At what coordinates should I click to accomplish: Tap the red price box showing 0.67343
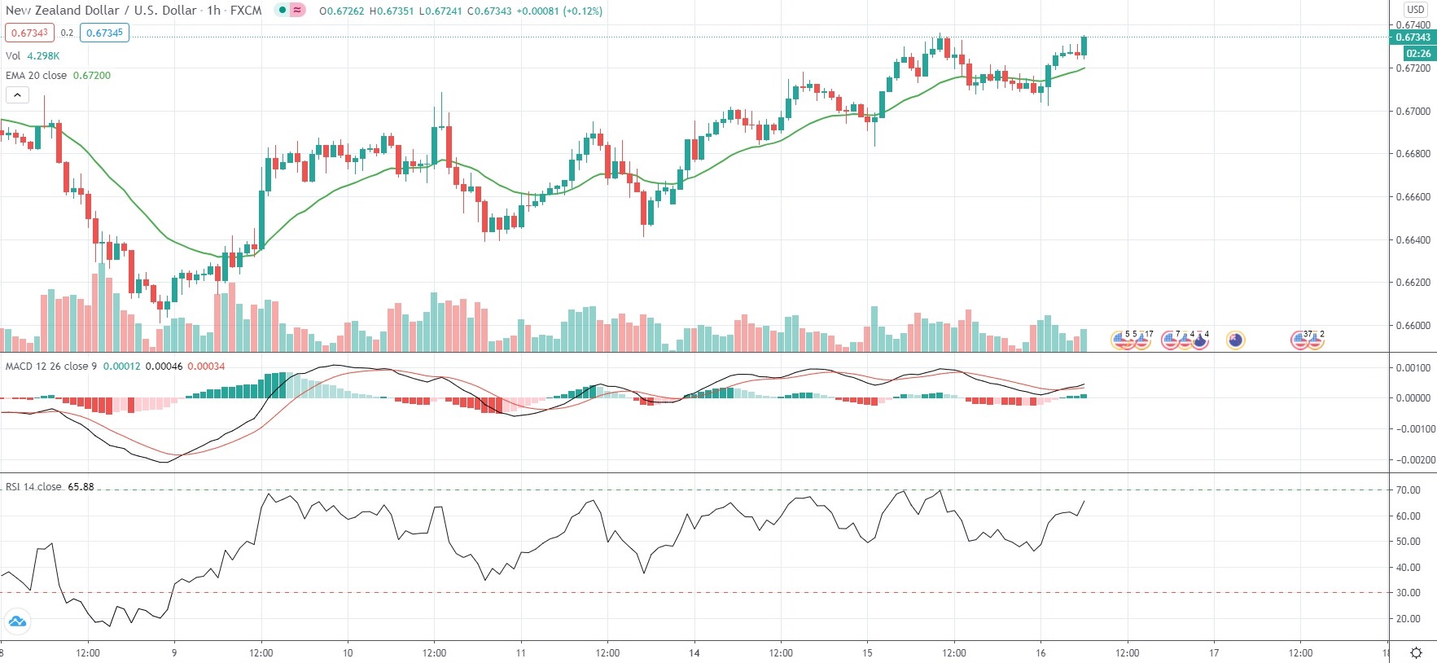[x=29, y=33]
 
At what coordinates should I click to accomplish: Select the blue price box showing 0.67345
[x=104, y=33]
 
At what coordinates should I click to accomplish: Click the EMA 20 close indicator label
[x=37, y=75]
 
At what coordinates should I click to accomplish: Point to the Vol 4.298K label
[x=33, y=55]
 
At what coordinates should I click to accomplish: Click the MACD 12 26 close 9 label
[x=50, y=366]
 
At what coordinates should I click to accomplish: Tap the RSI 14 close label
[x=33, y=486]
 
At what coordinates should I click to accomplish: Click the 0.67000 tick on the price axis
[x=1413, y=111]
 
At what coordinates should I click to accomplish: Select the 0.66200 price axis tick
[x=1413, y=283]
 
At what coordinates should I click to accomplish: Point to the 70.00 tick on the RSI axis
[x=1408, y=490]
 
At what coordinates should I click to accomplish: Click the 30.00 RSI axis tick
[x=1408, y=593]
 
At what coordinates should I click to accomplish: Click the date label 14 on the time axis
[x=694, y=652]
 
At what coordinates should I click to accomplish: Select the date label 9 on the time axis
[x=174, y=652]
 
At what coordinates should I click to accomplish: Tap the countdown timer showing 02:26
[x=1418, y=54]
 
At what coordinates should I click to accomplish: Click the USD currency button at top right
[x=1416, y=10]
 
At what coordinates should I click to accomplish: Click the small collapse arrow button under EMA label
[x=17, y=95]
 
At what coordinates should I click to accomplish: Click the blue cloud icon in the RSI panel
[x=17, y=622]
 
